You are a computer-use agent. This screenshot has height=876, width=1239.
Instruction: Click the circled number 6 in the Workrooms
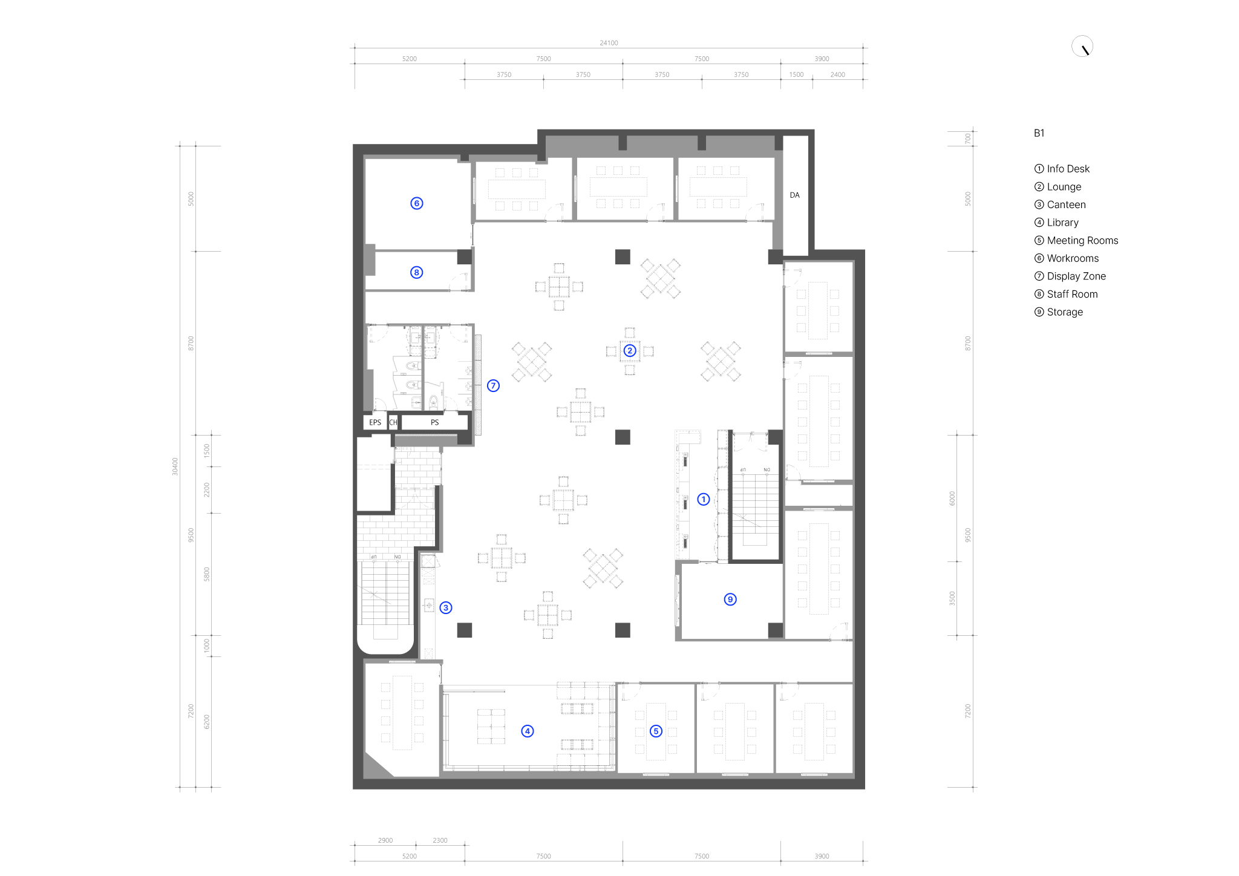point(416,203)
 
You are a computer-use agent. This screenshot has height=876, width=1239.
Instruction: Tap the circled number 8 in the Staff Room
point(416,272)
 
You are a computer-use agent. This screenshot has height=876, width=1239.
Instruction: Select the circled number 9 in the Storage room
point(730,600)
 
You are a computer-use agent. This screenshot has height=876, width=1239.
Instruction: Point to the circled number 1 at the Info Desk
point(703,499)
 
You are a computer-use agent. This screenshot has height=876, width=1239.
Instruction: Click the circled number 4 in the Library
point(528,731)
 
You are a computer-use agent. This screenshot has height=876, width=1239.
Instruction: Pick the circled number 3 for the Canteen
point(446,607)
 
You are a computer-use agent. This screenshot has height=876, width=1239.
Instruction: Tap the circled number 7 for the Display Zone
point(493,385)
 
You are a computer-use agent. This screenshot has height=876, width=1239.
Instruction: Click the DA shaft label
point(794,195)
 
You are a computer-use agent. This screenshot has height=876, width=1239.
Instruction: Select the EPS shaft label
point(375,422)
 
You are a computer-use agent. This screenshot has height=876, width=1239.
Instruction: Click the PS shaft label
point(434,422)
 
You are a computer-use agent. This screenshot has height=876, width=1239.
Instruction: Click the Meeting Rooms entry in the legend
point(1076,240)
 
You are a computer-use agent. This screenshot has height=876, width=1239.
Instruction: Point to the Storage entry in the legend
point(1059,312)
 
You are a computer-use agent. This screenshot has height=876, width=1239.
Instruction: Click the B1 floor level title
point(1039,133)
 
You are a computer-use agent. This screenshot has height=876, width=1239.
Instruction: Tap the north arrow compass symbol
point(1082,47)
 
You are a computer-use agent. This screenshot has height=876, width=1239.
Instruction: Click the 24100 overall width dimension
point(609,43)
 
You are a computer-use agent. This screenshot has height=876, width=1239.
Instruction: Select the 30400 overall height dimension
point(175,466)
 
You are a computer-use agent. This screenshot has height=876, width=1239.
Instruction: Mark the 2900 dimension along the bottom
point(385,840)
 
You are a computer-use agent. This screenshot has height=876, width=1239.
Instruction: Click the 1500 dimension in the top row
point(796,74)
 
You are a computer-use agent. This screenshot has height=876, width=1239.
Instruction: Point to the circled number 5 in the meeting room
point(656,731)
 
